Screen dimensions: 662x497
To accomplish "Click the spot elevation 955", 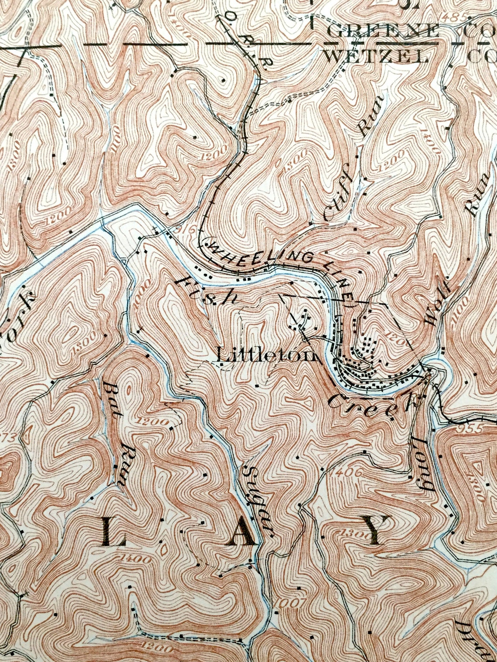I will click(x=472, y=429).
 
